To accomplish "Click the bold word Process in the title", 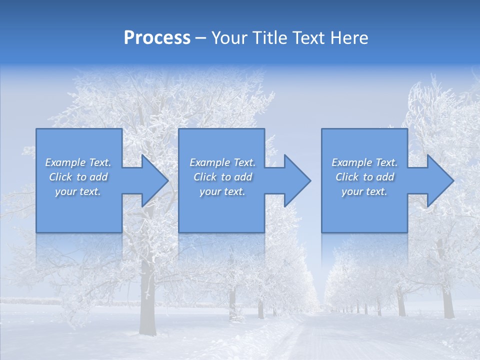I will tap(157, 38).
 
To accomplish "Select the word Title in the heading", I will tap(270, 38).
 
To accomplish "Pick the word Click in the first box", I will tap(61, 177).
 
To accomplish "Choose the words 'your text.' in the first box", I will tap(78, 191).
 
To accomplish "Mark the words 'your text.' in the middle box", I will tap(222, 191).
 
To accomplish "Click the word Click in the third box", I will tap(347, 177).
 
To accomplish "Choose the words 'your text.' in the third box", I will tap(364, 191).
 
